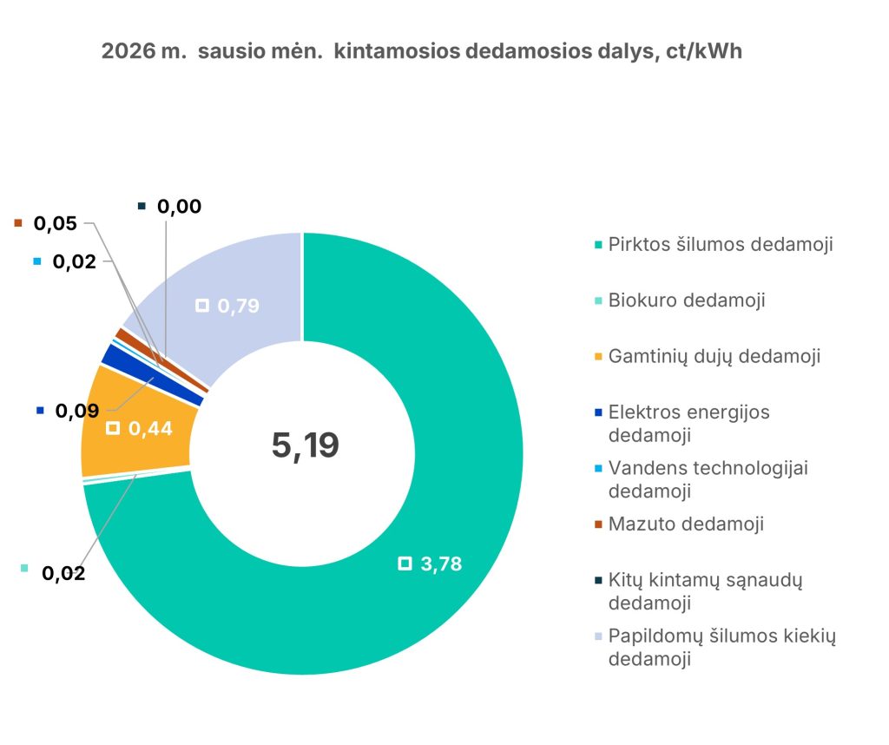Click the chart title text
click(422, 51)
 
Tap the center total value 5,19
click(305, 445)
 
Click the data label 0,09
click(76, 410)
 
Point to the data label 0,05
click(55, 223)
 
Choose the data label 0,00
click(179, 207)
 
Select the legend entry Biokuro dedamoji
click(687, 300)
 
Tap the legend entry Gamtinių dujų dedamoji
click(714, 356)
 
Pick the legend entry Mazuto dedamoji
click(686, 524)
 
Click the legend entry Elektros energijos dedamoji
click(689, 422)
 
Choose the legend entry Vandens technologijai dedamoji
click(708, 478)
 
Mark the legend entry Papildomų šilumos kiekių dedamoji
click(721, 647)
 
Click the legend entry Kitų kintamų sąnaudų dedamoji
click(705, 590)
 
